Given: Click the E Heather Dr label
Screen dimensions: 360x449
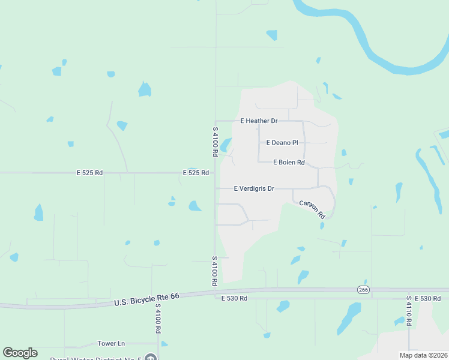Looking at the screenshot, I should coord(259,121).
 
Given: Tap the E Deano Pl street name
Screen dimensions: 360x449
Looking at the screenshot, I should coord(282,143).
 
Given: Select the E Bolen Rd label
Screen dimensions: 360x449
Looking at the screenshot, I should coord(289,163).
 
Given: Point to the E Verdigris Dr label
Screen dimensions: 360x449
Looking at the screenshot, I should coord(253,188).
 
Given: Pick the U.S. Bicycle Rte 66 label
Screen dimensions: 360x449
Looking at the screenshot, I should coord(146,299).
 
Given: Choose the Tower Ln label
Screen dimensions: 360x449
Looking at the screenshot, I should coord(111,344).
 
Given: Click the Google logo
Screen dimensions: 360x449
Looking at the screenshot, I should coord(20,353).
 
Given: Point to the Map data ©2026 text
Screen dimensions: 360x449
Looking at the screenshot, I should coord(423,355).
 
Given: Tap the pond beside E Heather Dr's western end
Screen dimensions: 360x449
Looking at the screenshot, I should coord(226,145).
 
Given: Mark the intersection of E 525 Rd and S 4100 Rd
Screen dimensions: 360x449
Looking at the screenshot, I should coord(215,173).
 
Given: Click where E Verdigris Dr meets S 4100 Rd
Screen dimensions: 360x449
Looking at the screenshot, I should coord(215,188).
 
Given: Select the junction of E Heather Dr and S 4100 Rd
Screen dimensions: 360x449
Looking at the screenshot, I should coord(215,121).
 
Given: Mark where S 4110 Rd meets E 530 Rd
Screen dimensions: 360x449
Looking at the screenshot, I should coord(409,298).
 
